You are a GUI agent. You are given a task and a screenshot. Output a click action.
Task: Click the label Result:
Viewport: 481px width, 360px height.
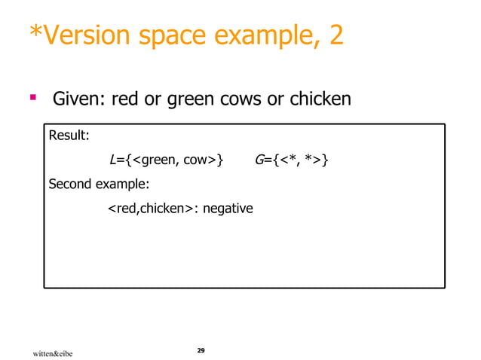(x=69, y=136)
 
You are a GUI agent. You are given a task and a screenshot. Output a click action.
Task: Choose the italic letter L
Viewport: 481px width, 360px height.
(x=113, y=160)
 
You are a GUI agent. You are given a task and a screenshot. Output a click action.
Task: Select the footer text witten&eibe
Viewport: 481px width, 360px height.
(x=52, y=352)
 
